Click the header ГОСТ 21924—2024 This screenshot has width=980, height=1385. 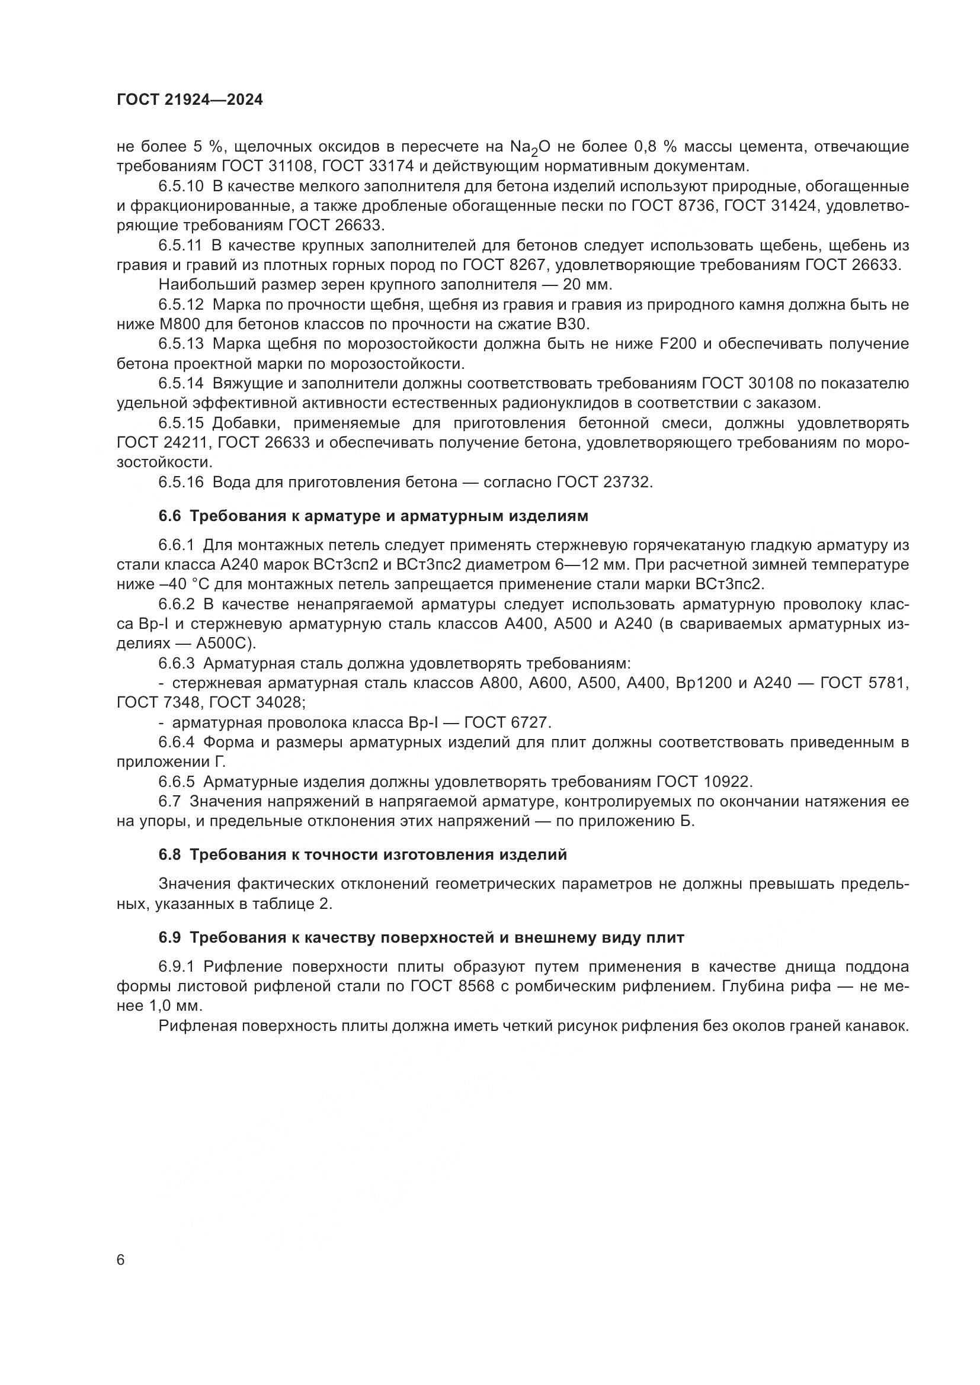click(x=190, y=100)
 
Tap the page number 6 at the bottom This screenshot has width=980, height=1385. click(x=121, y=1260)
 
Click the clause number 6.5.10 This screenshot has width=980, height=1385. click(x=182, y=186)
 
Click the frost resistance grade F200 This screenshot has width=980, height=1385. click(x=678, y=344)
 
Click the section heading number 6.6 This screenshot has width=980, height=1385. click(x=169, y=516)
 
